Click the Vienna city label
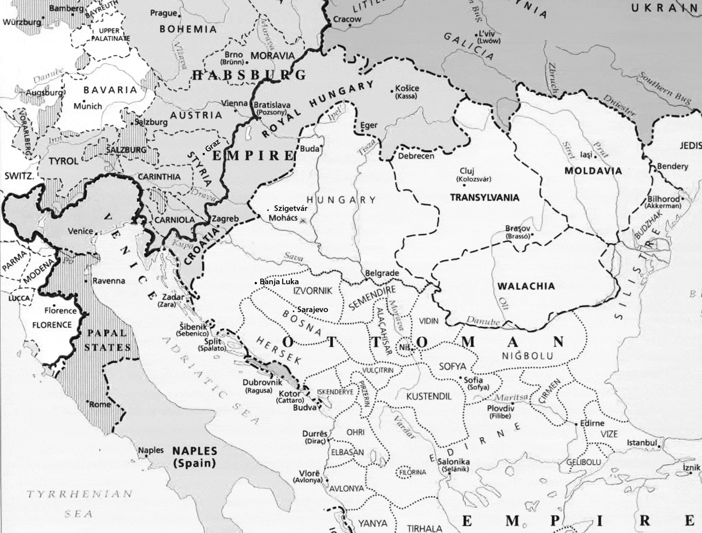(235, 103)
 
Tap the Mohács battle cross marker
(302, 220)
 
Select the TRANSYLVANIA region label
(484, 197)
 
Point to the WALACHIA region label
(526, 286)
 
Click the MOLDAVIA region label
(593, 171)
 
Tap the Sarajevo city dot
(294, 309)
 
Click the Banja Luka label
(279, 282)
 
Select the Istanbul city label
(641, 443)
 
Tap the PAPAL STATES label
(107, 340)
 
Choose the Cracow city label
(347, 19)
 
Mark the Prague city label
(163, 13)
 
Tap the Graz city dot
(204, 152)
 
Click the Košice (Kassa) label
(407, 92)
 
